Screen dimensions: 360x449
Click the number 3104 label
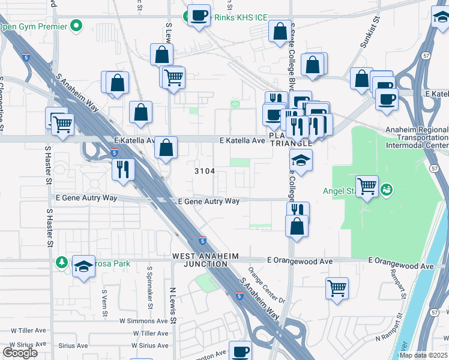tap(204, 171)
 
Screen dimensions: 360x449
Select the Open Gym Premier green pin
tap(76, 26)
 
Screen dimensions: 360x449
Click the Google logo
tap(20, 353)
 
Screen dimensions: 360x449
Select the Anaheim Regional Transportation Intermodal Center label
tap(417, 137)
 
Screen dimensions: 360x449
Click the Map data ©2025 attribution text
tap(423, 355)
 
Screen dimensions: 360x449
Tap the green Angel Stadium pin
tap(387, 190)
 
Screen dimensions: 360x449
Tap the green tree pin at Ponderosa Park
tap(62, 262)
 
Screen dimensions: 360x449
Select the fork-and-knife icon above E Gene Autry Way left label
tap(123, 169)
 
